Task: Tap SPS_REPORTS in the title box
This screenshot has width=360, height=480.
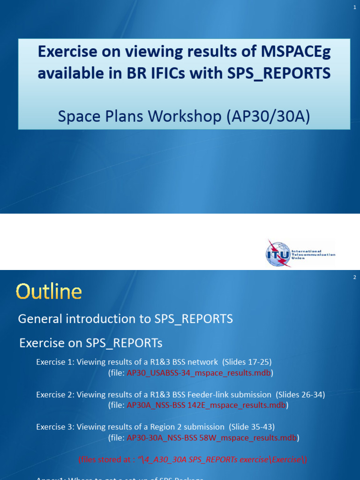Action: pyautogui.click(x=281, y=74)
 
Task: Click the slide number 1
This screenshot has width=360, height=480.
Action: pyautogui.click(x=355, y=7)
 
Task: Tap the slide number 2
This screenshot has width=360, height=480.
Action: pyautogui.click(x=355, y=277)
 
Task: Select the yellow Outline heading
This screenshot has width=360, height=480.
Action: pyautogui.click(x=49, y=292)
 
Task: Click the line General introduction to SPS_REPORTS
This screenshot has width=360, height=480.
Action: pyautogui.click(x=125, y=319)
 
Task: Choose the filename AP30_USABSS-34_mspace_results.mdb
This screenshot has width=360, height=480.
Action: pyautogui.click(x=199, y=373)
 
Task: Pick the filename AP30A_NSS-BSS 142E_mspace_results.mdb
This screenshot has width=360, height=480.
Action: pyautogui.click(x=206, y=405)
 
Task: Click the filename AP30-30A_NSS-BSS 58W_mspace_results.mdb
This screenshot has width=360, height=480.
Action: pyautogui.click(x=212, y=438)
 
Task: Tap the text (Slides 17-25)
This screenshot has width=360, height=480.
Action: pyautogui.click(x=247, y=362)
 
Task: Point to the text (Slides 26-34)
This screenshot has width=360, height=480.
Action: pyautogui.click(x=300, y=395)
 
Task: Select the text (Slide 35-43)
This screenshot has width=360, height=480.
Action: pyautogui.click(x=252, y=427)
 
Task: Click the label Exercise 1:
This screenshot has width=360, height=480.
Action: pyautogui.click(x=55, y=362)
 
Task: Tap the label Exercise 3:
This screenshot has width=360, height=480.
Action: pyautogui.click(x=55, y=427)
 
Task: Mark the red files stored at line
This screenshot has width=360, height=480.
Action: pyautogui.click(x=193, y=459)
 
